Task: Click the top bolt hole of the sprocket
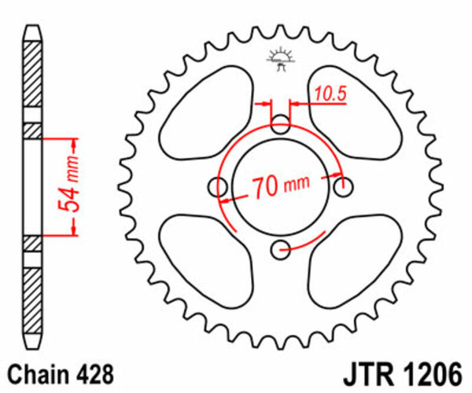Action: [281, 124]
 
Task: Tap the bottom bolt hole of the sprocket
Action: [281, 250]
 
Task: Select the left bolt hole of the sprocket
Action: [218, 187]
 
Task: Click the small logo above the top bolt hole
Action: [280, 59]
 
